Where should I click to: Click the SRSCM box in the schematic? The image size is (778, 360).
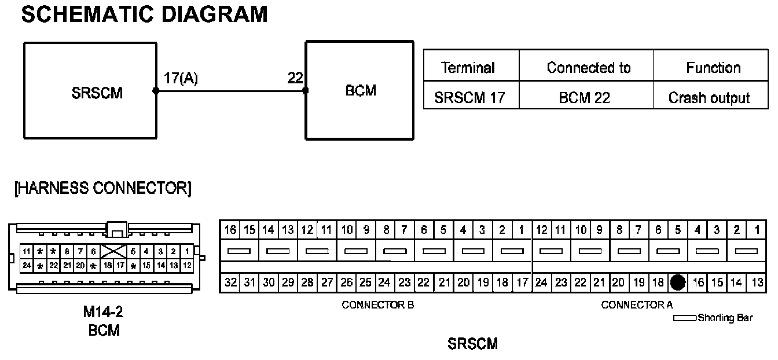tap(90, 90)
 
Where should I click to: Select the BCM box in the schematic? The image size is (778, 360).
tap(360, 90)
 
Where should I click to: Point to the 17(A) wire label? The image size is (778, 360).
tap(180, 79)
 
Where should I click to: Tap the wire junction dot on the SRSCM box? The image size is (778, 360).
tap(156, 91)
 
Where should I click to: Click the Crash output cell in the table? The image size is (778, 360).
tap(709, 98)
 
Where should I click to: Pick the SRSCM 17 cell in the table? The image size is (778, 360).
tap(469, 98)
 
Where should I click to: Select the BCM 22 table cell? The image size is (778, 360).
tap(585, 98)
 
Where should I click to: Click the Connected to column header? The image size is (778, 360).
tap(588, 68)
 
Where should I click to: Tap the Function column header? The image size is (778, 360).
tap(713, 68)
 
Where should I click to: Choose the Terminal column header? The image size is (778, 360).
tap(468, 68)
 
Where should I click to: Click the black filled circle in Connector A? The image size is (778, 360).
tap(677, 282)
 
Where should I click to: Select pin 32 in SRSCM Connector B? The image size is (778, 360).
tap(230, 282)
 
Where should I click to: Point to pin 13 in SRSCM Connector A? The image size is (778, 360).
tap(757, 282)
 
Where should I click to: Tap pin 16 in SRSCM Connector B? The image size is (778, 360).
tap(230, 230)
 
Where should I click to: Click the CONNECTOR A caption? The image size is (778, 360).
tap(637, 305)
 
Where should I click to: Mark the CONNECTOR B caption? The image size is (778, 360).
tap(378, 305)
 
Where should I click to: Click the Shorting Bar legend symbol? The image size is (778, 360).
tap(685, 318)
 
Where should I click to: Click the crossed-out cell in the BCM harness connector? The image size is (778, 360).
tap(113, 252)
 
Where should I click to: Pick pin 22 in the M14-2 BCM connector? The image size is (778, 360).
tap(54, 265)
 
